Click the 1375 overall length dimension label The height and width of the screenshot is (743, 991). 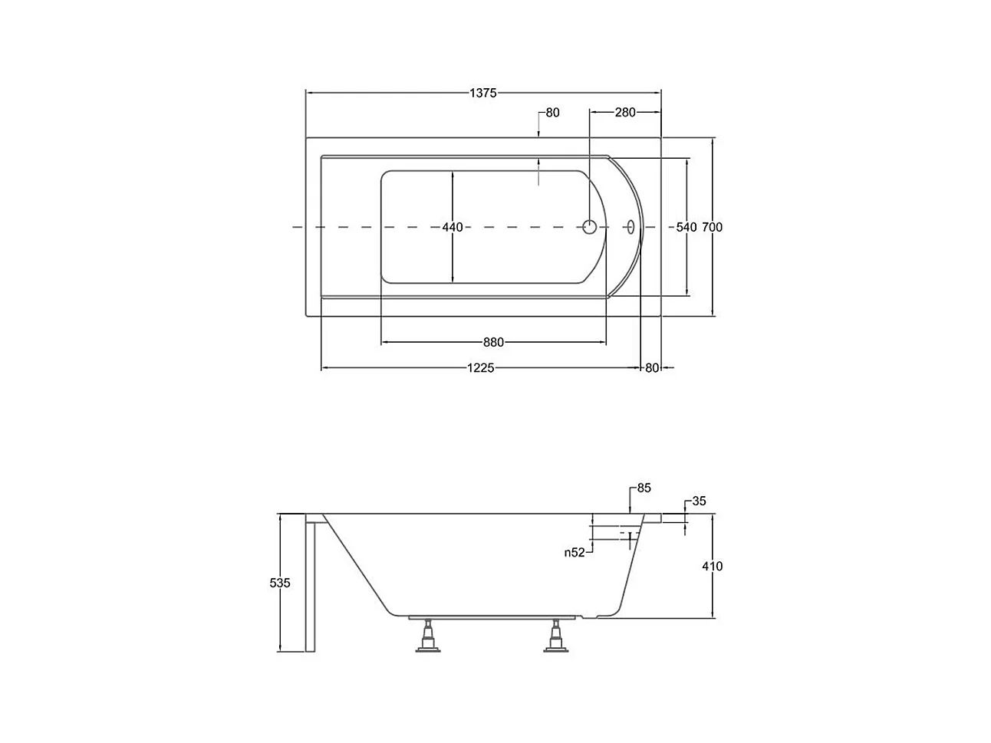click(483, 93)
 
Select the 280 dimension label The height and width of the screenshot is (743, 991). click(625, 112)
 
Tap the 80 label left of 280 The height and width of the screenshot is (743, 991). click(552, 112)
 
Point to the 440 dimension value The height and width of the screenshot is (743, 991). click(453, 228)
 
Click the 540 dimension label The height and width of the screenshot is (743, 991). click(686, 228)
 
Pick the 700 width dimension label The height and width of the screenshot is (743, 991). click(712, 228)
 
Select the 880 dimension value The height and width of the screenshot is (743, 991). click(493, 343)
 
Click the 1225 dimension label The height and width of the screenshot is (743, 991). click(480, 368)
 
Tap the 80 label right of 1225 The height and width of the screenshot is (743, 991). click(652, 368)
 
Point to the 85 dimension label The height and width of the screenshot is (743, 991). click(644, 488)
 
